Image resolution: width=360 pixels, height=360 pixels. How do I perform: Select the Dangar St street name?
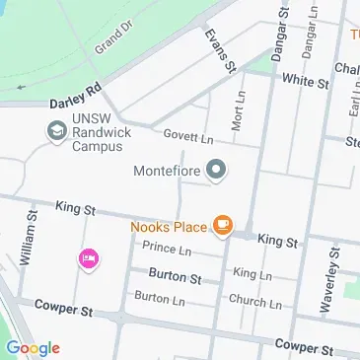[x=279, y=31]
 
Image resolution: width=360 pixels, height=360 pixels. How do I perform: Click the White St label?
[x=304, y=82]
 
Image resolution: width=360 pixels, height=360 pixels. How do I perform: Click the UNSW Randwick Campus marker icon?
[x=56, y=129]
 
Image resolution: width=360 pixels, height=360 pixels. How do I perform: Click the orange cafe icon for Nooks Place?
[x=224, y=226]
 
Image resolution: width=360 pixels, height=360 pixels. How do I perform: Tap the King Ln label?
[x=252, y=273]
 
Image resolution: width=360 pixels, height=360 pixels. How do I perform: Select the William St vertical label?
[x=29, y=237]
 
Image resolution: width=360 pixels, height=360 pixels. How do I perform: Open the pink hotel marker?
[x=88, y=258]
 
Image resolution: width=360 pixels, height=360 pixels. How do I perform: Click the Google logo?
[x=32, y=347]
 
